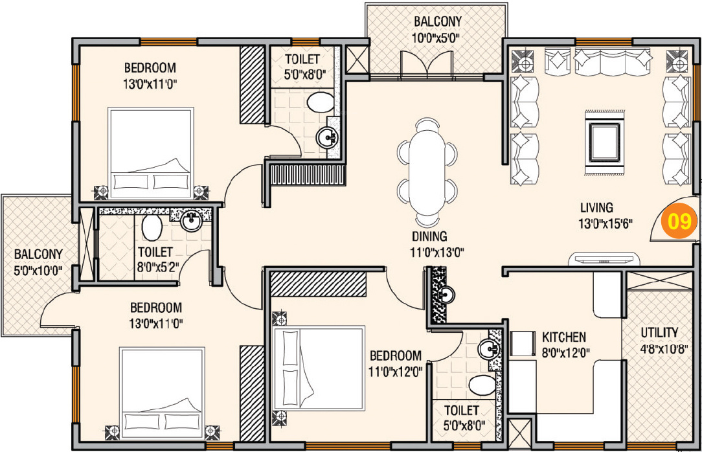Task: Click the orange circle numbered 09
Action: [x=679, y=222]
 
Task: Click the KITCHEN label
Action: [x=563, y=337]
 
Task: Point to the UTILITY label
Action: [x=659, y=332]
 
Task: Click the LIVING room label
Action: [x=596, y=208]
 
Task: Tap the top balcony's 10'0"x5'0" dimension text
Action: [x=436, y=37]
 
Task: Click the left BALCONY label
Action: [x=38, y=254]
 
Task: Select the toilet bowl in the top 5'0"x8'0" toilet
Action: [x=319, y=102]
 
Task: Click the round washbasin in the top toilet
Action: [x=328, y=137]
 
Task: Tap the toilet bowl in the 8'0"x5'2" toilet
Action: [x=152, y=229]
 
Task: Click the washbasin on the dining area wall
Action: [x=446, y=295]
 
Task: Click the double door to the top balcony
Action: [x=425, y=65]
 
